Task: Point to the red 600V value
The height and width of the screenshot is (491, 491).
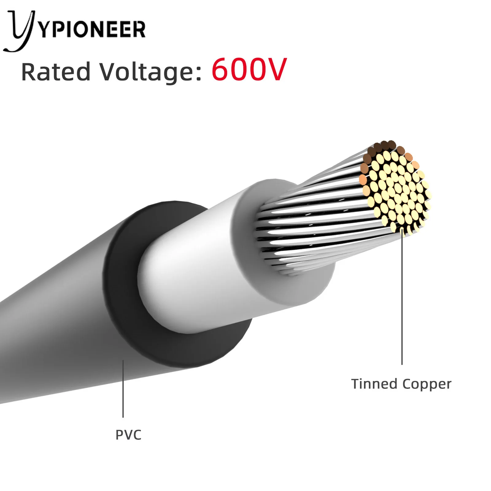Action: pos(249,70)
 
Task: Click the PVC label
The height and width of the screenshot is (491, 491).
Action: pos(128,435)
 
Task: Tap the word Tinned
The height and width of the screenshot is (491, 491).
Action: pos(374,384)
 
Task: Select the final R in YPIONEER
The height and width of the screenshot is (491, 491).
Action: pos(139,30)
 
